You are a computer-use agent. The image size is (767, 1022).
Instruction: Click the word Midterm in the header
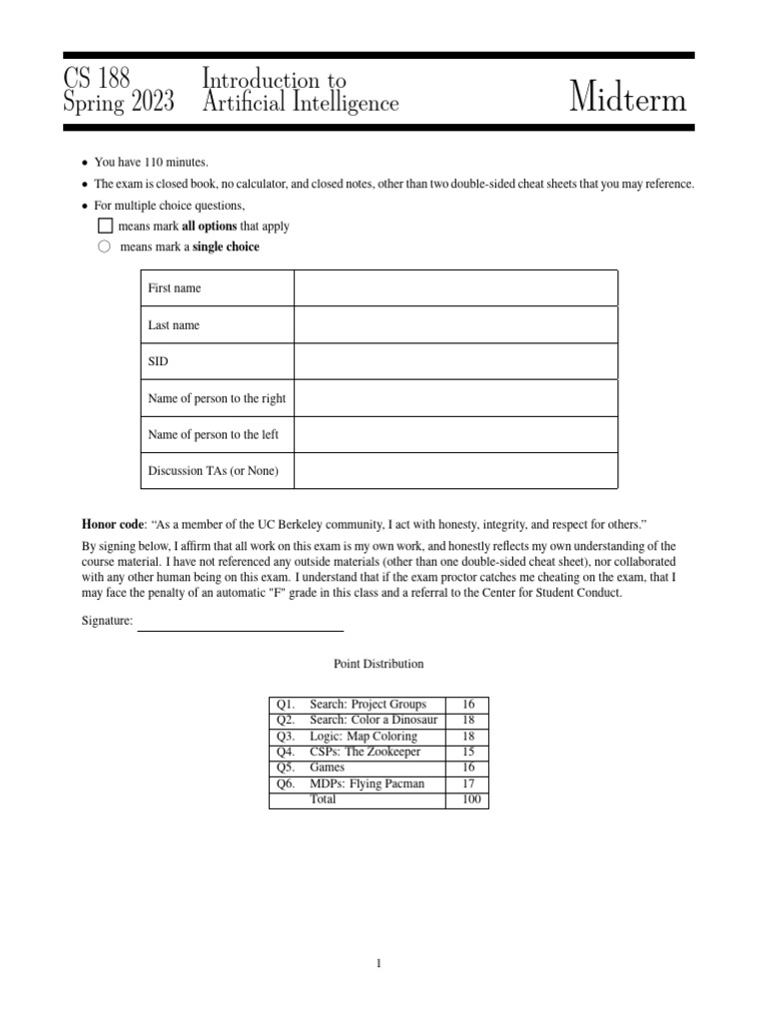[x=628, y=99]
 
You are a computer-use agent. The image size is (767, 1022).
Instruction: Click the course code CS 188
[x=97, y=79]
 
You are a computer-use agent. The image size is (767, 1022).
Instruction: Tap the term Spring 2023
[x=118, y=103]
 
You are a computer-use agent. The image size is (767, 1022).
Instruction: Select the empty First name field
[x=455, y=288]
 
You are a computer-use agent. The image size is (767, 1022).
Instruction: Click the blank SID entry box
[x=455, y=361]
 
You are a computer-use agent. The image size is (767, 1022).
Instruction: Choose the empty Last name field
[x=455, y=325]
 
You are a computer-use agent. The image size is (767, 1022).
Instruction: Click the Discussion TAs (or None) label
[x=214, y=471]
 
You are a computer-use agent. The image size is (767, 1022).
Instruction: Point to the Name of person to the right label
[x=217, y=398]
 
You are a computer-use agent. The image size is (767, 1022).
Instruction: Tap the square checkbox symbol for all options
[x=105, y=226]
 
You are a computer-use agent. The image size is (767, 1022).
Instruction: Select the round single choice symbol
[x=105, y=247]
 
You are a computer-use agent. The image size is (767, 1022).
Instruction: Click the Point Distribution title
[x=379, y=664]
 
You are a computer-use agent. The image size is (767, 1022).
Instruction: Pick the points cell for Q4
[x=468, y=752]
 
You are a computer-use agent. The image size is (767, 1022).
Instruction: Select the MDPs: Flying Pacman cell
[x=367, y=783]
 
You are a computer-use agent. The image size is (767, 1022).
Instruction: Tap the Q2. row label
[x=286, y=720]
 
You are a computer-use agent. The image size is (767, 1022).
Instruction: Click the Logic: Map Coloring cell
[x=364, y=736]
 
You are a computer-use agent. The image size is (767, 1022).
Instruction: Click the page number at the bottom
[x=380, y=963]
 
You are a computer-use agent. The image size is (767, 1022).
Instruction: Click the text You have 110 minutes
[x=151, y=162]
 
